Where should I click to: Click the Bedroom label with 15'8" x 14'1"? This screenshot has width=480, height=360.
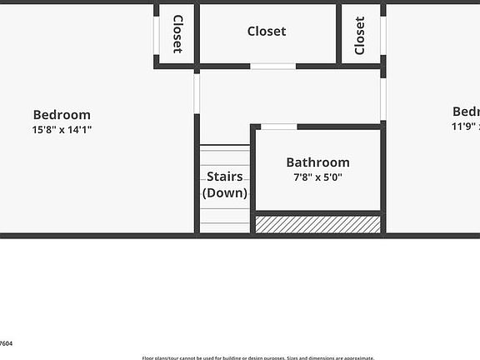pos(62,115)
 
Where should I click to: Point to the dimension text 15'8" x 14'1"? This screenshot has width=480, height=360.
pos(62,130)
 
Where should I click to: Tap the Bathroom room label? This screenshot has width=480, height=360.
pos(317,162)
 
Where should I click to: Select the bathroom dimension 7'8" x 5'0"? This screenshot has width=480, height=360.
pos(317,177)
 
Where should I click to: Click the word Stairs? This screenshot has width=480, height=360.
pos(225,177)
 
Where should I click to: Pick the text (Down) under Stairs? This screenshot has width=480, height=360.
pos(225,192)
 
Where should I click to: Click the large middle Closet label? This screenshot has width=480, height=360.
pos(267,32)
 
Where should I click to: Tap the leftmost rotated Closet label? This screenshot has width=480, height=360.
pos(177,34)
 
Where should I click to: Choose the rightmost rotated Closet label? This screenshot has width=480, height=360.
pos(360,36)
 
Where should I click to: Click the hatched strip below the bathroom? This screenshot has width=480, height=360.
pos(317,224)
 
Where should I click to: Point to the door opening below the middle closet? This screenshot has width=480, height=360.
pos(273,66)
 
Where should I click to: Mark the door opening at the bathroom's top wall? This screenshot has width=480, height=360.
pos(279,127)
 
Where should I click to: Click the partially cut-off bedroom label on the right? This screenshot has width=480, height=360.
pos(466,112)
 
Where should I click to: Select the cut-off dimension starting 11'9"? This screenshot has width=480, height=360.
pos(465,127)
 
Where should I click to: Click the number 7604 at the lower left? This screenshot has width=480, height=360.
pos(6,342)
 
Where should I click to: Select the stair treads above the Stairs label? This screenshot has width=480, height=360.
pos(225,156)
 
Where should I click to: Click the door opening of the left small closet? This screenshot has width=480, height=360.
pos(156,34)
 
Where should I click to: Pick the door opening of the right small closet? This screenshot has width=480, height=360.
pos(383,36)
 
